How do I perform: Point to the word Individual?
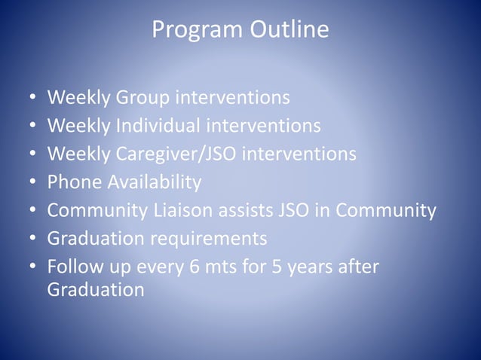click(158, 126)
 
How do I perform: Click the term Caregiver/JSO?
click(175, 154)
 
